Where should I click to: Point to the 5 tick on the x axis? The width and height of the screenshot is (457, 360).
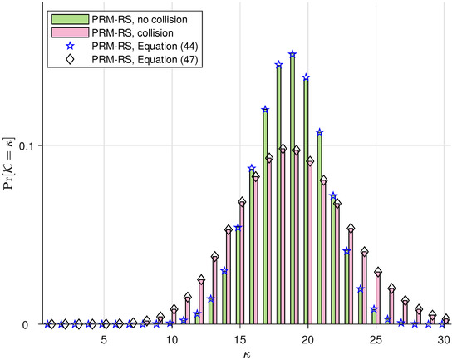pos(103,340)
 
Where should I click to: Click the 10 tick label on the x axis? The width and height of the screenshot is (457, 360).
pos(171,340)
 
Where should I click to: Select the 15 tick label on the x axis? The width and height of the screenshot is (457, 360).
pos(239,340)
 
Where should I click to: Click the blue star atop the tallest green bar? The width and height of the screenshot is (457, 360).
pos(292,55)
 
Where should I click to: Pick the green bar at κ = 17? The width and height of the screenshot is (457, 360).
pos(265,216)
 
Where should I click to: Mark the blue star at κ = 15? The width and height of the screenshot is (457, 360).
pos(238,227)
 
